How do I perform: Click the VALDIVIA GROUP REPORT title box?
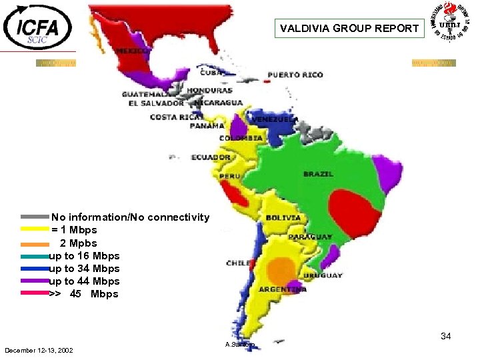pos(349,29)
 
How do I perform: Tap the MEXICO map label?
pos(132,51)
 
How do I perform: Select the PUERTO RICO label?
pos(295,75)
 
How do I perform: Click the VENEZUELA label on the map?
pos(275,119)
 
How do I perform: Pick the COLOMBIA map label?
pos(245,138)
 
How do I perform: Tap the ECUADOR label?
pos(211,158)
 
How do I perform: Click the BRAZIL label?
pos(318,174)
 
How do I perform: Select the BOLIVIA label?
pos(283,217)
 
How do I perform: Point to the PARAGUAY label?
pos(311,237)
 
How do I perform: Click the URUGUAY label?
pos(323,275)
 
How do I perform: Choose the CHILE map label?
pos(239,263)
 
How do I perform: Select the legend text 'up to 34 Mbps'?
pos(85,269)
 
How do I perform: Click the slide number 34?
pos(446,337)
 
